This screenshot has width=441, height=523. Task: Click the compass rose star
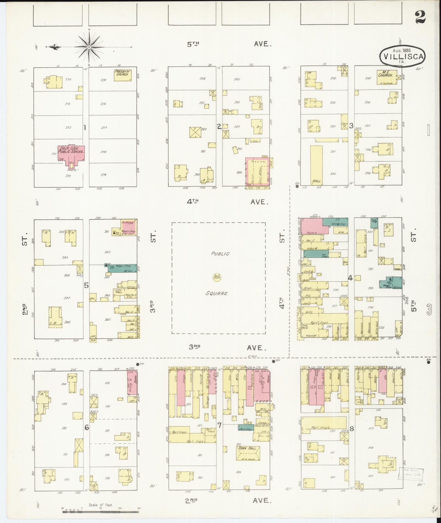click(x=89, y=47)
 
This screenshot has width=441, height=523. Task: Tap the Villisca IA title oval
click(x=402, y=56)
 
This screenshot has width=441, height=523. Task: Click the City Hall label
click(x=119, y=291)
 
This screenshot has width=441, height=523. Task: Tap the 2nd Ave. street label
click(x=229, y=501)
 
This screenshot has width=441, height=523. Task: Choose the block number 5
click(x=86, y=285)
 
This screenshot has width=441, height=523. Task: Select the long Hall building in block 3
click(x=316, y=165)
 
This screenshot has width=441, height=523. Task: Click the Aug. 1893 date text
click(x=402, y=51)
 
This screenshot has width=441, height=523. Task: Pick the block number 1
click(x=85, y=127)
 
